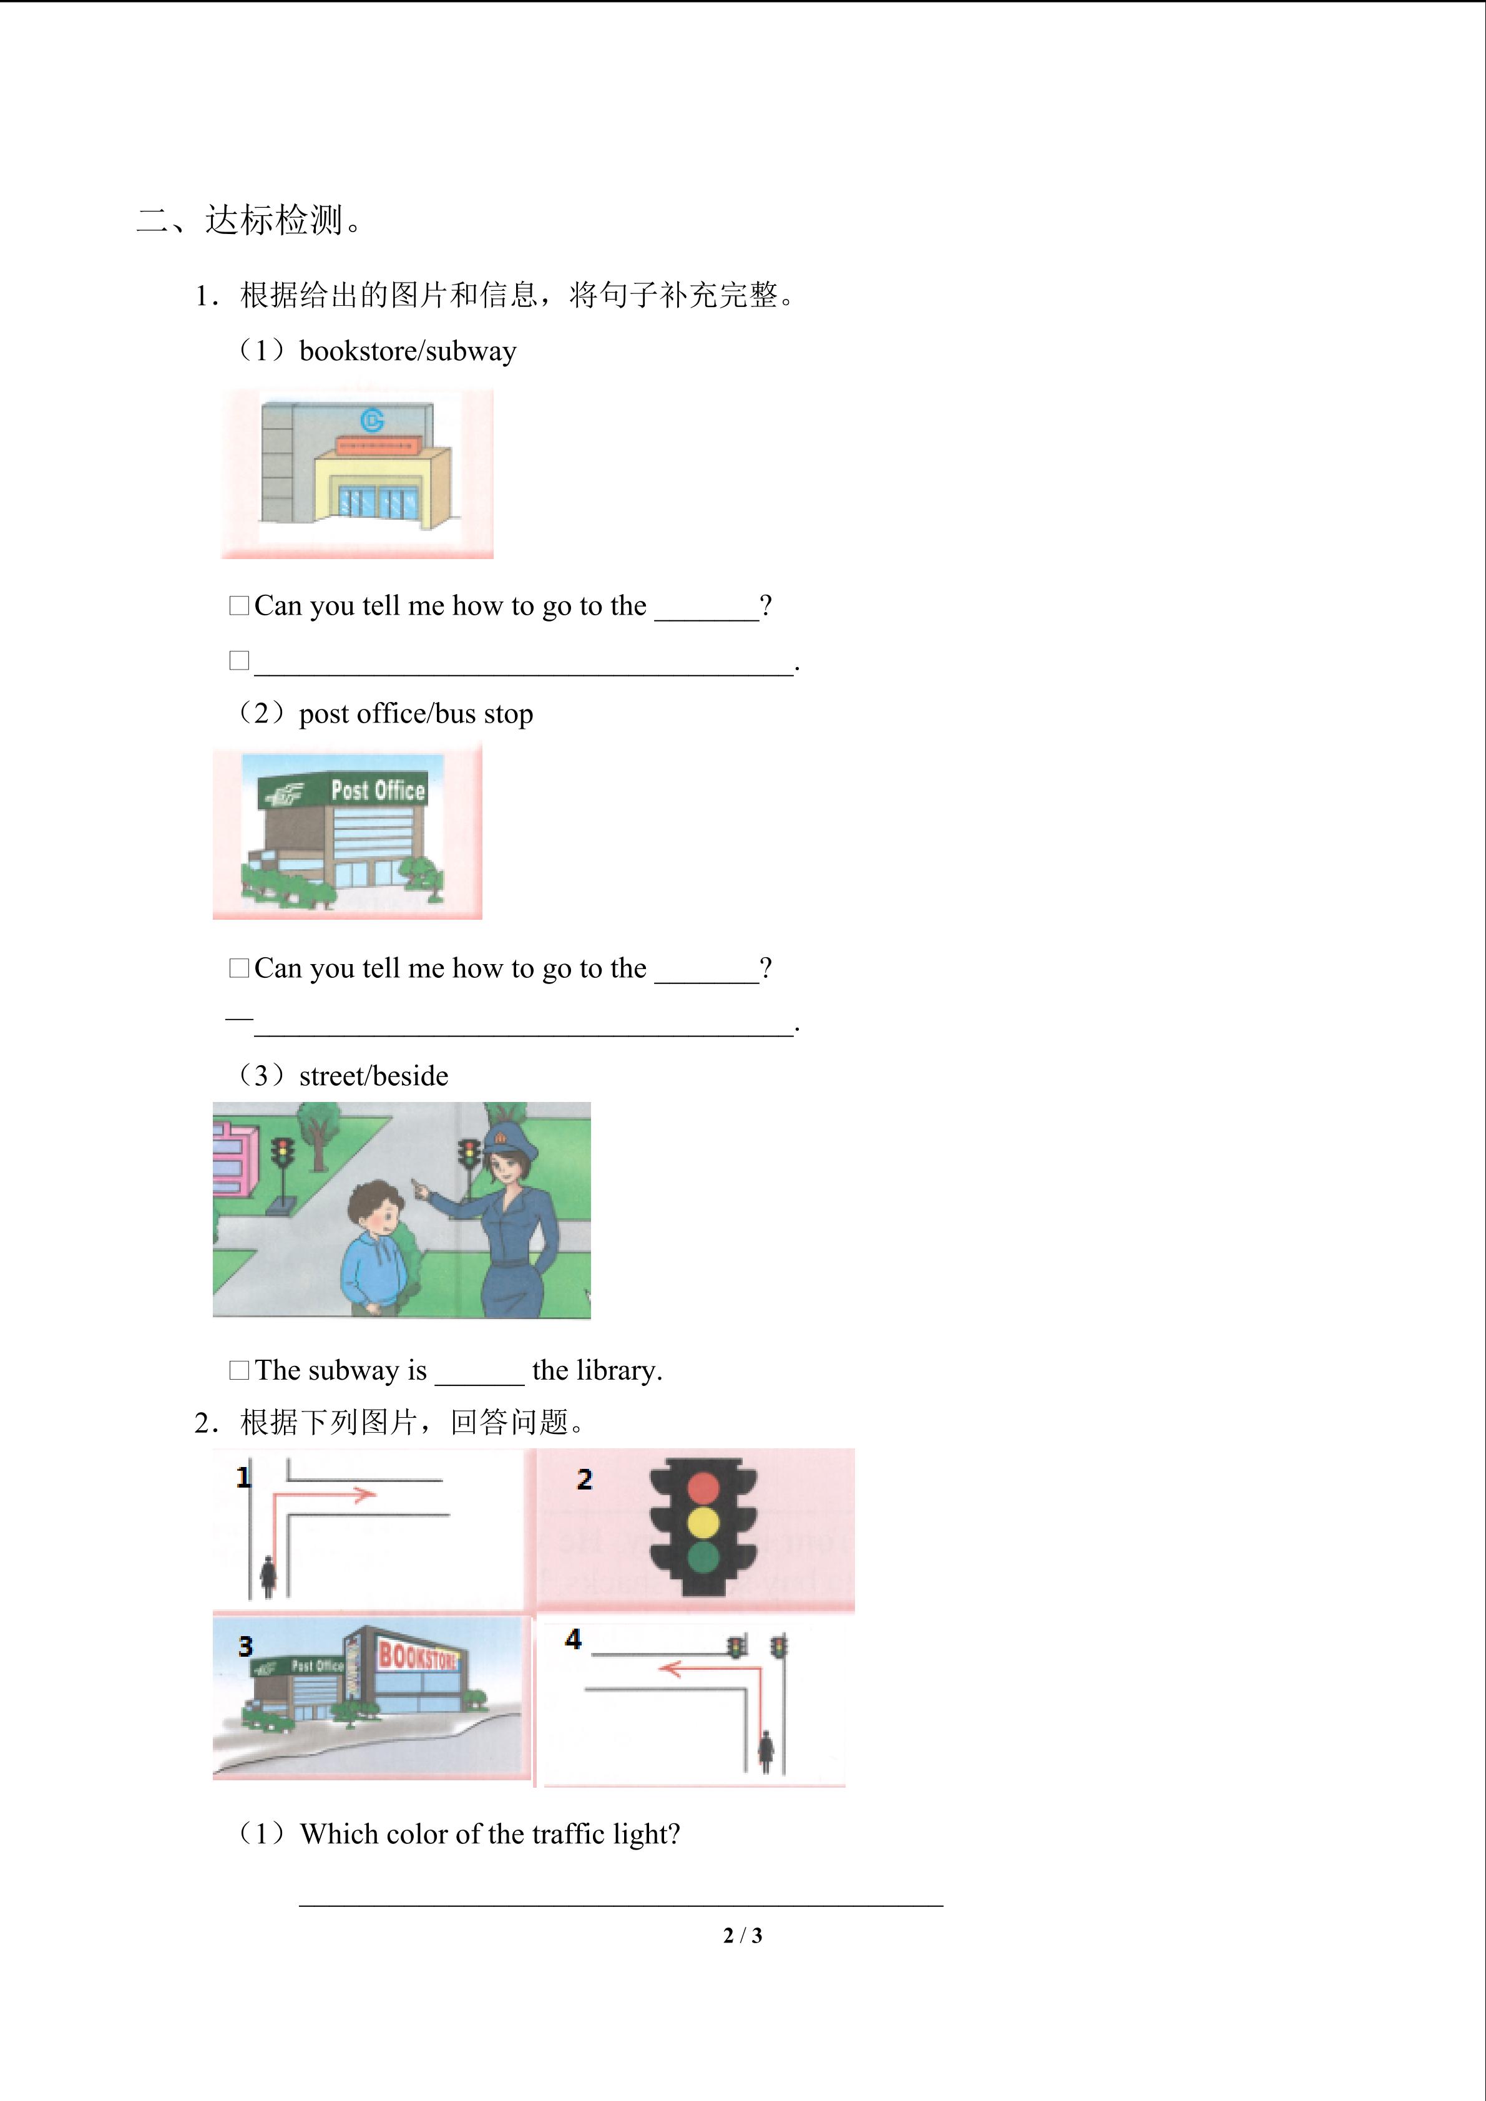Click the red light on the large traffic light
pos(703,1488)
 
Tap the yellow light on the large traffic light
pos(703,1523)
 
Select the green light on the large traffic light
pos(703,1557)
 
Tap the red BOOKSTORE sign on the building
pos(418,1656)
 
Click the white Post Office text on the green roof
pos(378,790)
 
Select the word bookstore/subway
pos(408,351)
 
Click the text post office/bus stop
pos(416,714)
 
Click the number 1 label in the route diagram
pos(243,1477)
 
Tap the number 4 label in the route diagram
pos(573,1639)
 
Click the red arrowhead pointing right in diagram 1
pos(364,1495)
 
